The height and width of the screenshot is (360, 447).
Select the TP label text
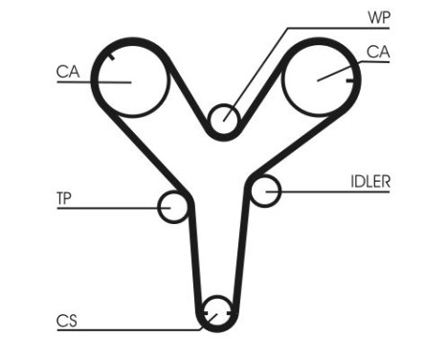[x=65, y=198]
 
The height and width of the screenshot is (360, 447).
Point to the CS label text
[x=65, y=321]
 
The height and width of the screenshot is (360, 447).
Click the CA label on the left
[x=67, y=70]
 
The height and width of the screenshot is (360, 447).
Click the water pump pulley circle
[x=224, y=118]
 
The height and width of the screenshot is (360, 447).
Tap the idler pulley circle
[x=265, y=191]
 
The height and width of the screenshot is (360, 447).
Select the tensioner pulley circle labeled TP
[x=173, y=206]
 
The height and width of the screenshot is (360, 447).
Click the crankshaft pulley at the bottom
[x=218, y=312]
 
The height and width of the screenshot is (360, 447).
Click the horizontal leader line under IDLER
[x=335, y=191]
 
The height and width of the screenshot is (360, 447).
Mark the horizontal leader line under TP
[x=105, y=207]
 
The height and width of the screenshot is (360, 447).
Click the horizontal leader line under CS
[x=124, y=330]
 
